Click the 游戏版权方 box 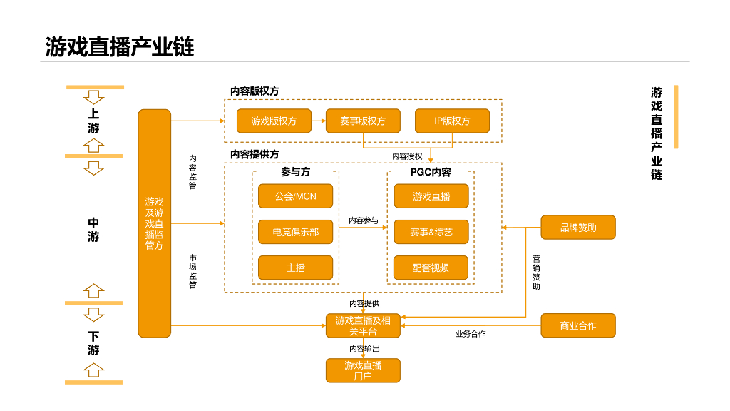[274, 121]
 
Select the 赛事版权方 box [363, 121]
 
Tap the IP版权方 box [452, 121]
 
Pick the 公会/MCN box [296, 196]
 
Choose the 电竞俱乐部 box [296, 232]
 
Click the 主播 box [296, 268]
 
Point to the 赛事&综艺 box [431, 232]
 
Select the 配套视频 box [431, 268]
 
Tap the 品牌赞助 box [578, 228]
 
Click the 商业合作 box [578, 325]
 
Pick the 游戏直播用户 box [363, 370]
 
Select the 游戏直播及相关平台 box [363, 325]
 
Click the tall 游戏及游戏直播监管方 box [155, 223]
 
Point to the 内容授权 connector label [407, 156]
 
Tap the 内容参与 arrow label [364, 220]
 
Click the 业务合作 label [471, 334]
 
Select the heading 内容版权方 [255, 91]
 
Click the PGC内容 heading [431, 173]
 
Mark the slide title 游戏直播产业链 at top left [120, 47]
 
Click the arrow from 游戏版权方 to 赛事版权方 [319, 121]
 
